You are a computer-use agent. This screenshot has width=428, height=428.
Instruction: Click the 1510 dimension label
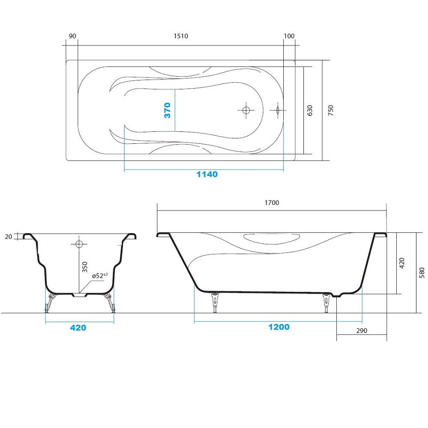coord(181,36)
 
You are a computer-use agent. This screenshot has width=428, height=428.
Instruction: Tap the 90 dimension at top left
coord(72,36)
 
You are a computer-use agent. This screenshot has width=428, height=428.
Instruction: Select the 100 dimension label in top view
coord(289,36)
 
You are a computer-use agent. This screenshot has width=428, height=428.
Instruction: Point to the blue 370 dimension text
coord(167,110)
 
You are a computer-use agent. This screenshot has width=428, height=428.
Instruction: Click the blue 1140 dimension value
coord(207,174)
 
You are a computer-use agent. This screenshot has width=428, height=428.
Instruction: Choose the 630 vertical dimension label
coord(309,110)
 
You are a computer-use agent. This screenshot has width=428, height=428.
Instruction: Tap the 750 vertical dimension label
coord(330,110)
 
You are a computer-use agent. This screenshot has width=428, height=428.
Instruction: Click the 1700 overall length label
coord(272,202)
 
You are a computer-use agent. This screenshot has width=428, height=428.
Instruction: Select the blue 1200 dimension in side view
coord(279,327)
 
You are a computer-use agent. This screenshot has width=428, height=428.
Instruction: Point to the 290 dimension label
coord(362,330)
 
